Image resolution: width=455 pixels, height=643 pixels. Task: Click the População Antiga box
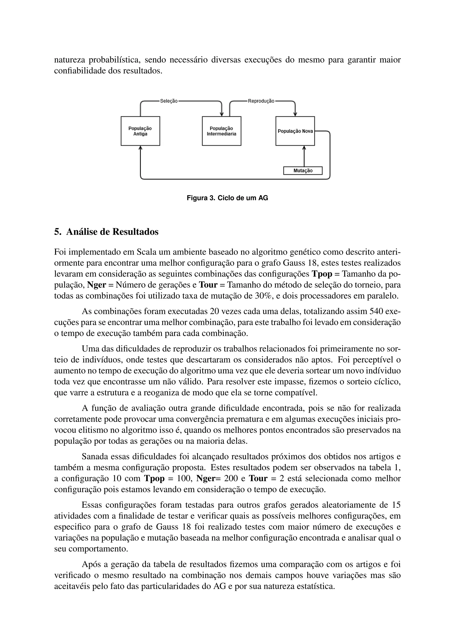point(140,131)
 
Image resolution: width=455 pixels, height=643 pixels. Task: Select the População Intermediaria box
point(221,131)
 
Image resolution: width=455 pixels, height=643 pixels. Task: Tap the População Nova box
point(295,131)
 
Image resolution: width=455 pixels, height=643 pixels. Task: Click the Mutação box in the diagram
point(303,171)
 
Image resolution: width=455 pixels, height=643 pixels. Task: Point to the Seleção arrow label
point(169,101)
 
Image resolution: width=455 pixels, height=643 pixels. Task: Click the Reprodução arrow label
point(261,101)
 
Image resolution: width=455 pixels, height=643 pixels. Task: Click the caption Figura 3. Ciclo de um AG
point(227,198)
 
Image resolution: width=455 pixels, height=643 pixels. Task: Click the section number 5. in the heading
point(58,232)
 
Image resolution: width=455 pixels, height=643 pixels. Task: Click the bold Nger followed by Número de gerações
point(97,285)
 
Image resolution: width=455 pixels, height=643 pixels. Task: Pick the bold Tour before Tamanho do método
point(208,285)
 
